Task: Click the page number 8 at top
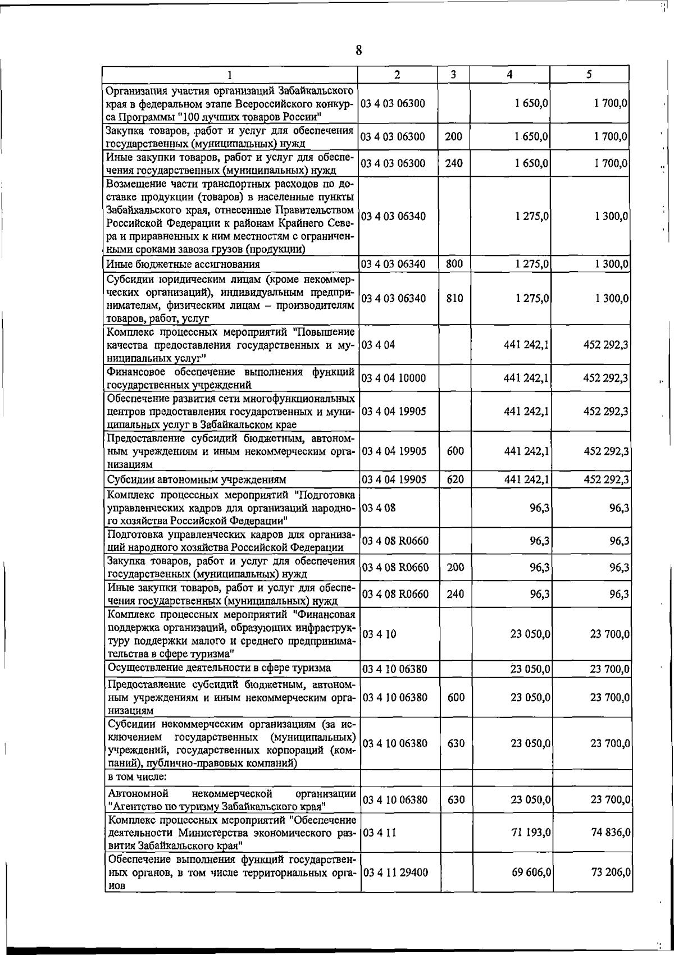pos(358,51)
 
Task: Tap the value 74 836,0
pos(610,832)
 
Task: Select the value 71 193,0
pos(531,832)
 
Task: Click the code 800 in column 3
pos(454,264)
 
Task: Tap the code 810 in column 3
pos(454,298)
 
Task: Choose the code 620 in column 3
pos(454,479)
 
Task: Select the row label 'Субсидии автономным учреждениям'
pos(197,480)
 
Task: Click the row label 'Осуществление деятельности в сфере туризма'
pos(219,668)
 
